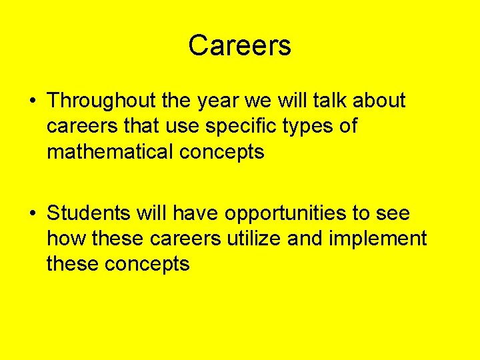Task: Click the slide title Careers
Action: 239,45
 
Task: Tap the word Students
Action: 89,213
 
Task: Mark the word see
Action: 393,214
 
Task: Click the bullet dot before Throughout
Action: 33,101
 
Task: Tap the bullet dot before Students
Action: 33,214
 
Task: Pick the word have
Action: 196,213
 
